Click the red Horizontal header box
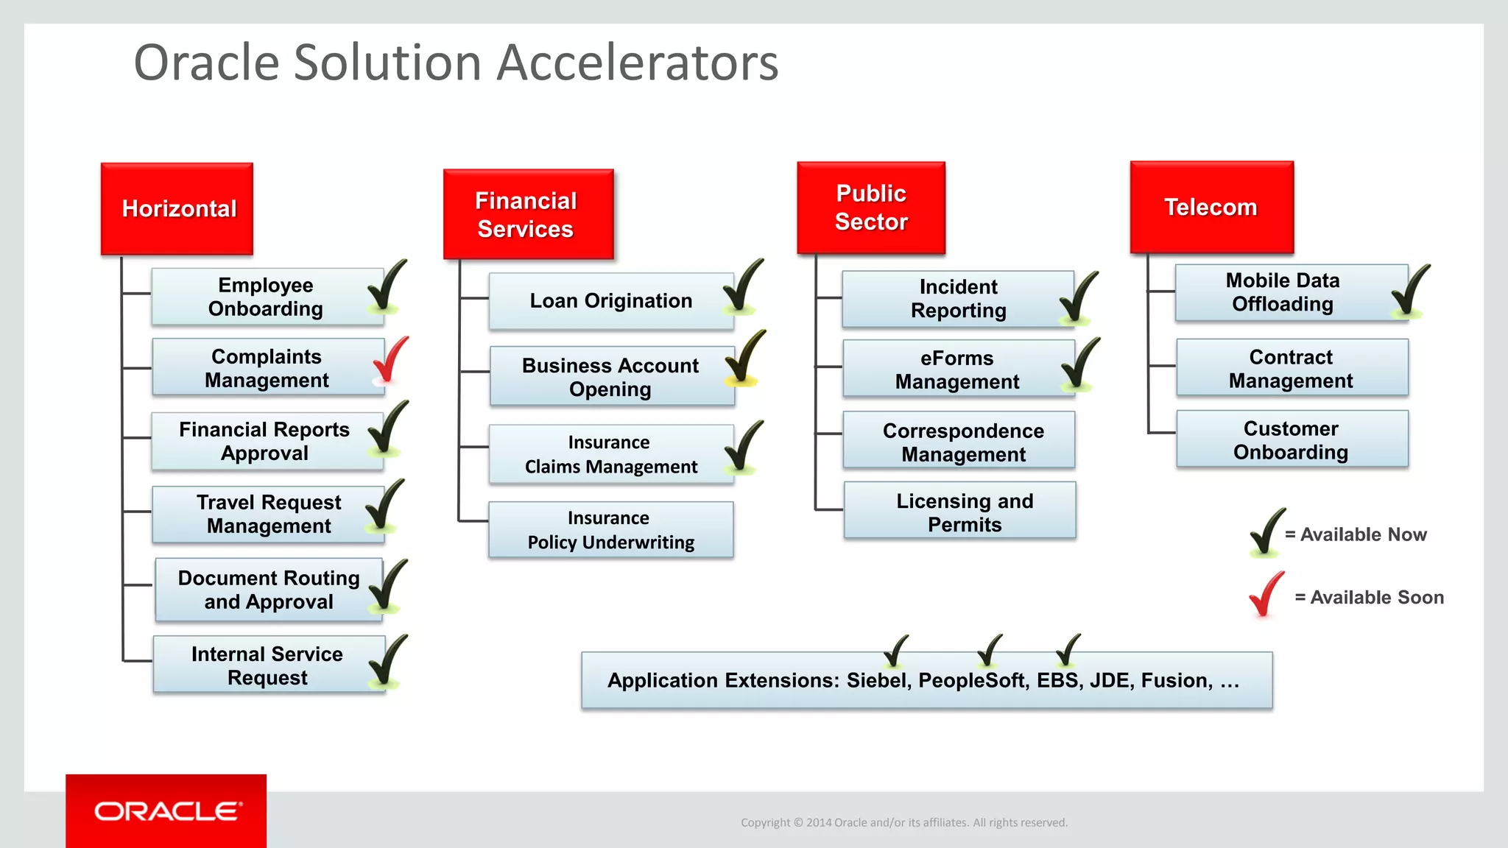tap(177, 209)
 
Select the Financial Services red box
tap(528, 214)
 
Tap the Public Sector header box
tap(871, 208)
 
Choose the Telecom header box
tap(1211, 207)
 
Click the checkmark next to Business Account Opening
tap(744, 358)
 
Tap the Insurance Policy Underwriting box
tap(610, 530)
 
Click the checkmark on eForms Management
tap(1080, 364)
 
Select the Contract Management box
tap(1291, 368)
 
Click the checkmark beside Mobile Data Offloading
tap(1410, 291)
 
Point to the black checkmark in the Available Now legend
tap(1266, 532)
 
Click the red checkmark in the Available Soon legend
tap(1266, 595)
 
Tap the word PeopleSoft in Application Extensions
tap(970, 681)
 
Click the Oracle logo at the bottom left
tap(166, 811)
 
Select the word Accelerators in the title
tap(637, 63)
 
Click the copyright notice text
tap(903, 823)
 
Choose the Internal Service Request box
tap(267, 665)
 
